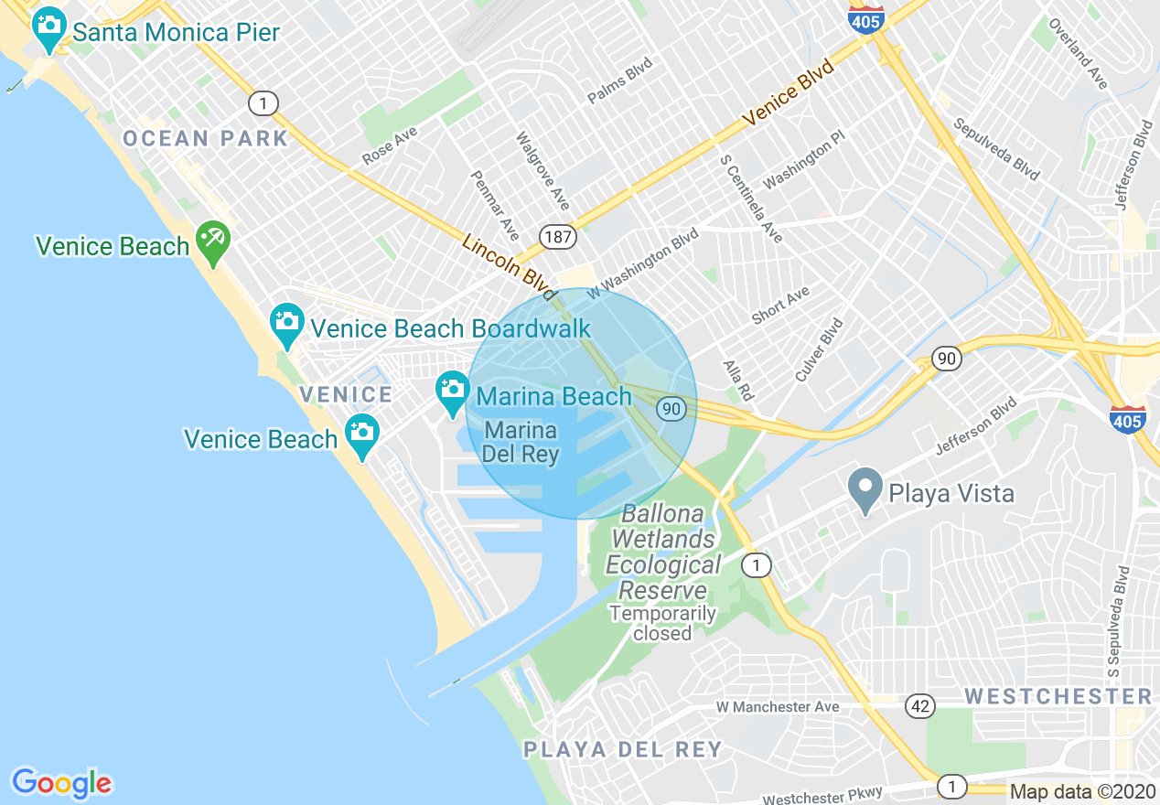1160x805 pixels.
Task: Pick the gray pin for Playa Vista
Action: [x=865, y=489]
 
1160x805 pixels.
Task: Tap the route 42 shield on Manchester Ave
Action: [x=920, y=705]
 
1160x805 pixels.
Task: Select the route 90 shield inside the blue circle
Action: [x=671, y=409]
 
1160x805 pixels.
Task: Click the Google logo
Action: [x=61, y=782]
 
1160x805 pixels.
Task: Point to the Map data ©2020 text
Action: [x=1082, y=791]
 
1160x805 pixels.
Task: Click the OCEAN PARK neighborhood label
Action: [x=206, y=139]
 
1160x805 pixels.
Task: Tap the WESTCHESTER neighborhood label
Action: [x=1058, y=696]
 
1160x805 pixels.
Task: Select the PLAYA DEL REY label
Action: [x=622, y=750]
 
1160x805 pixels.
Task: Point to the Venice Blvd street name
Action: [x=788, y=92]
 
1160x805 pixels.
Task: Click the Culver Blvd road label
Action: [x=819, y=349]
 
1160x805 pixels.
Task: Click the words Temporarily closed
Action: [x=662, y=623]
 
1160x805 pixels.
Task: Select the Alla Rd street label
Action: [x=737, y=381]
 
